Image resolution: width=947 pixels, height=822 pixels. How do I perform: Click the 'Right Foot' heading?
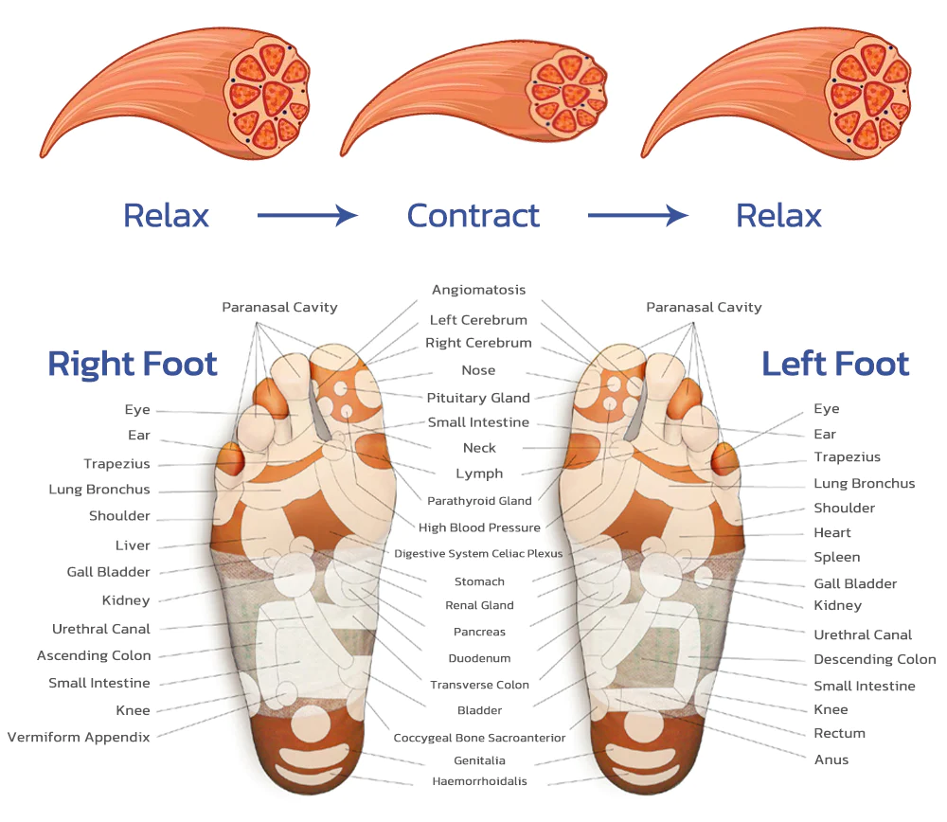tap(133, 364)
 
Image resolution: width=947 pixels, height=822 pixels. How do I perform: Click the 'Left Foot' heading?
tap(835, 364)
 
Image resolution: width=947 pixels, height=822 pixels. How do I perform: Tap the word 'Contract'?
tap(473, 216)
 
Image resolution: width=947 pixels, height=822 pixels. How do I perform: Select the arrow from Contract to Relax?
tap(637, 216)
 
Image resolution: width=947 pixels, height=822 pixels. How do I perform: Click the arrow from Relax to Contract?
tap(307, 216)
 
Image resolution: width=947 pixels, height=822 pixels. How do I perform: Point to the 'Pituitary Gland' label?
tap(478, 398)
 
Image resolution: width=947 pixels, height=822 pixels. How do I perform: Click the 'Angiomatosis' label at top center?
tap(478, 290)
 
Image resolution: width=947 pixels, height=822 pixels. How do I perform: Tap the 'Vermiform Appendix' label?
tap(79, 737)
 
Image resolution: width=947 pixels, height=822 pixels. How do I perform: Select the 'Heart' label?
tap(832, 532)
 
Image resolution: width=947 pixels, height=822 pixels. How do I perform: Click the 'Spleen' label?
tap(837, 557)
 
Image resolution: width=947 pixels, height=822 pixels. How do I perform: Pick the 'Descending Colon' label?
tap(874, 659)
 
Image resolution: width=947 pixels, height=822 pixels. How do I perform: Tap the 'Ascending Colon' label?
tap(94, 655)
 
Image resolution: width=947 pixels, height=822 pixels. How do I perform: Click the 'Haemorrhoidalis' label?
tap(479, 781)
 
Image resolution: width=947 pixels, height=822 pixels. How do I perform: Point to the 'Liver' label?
tap(133, 545)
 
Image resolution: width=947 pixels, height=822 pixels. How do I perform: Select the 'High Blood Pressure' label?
tap(479, 527)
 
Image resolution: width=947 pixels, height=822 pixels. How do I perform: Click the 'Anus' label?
tap(831, 759)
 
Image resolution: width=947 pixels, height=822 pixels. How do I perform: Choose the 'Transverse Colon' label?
tap(479, 685)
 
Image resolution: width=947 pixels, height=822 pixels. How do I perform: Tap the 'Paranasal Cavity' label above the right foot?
tap(279, 307)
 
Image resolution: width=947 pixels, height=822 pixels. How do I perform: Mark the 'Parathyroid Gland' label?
tap(479, 501)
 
